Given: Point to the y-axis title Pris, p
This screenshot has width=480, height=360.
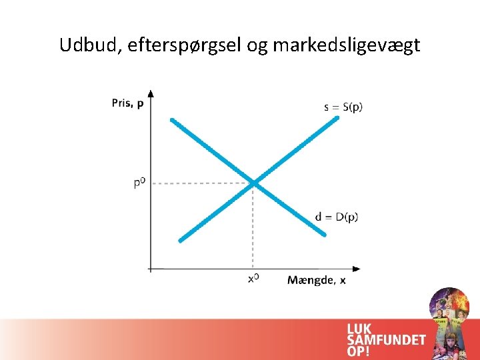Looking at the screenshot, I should [x=127, y=103].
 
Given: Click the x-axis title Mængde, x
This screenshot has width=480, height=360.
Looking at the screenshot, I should [x=317, y=280].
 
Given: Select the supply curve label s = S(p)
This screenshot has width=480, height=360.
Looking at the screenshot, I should [x=343, y=107].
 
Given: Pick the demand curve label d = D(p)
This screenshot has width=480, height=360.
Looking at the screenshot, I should [x=337, y=217].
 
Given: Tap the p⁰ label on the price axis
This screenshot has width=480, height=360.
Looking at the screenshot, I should [x=138, y=182].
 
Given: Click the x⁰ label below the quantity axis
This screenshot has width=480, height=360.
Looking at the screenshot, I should [x=253, y=280].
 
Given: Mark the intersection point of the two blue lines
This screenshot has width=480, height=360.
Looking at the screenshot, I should [x=254, y=182].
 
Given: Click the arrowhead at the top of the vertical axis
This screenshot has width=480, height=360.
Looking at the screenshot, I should [x=151, y=93].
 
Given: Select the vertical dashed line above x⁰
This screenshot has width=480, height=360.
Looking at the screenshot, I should [x=253, y=227].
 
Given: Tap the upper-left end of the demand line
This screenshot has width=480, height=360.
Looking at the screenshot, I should [x=173, y=121].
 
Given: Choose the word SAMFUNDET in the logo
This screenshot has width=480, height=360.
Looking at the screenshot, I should [x=386, y=339].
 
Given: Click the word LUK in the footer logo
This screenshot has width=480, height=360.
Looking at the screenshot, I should [x=360, y=328].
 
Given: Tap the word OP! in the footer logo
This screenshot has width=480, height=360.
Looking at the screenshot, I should [x=358, y=351].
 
